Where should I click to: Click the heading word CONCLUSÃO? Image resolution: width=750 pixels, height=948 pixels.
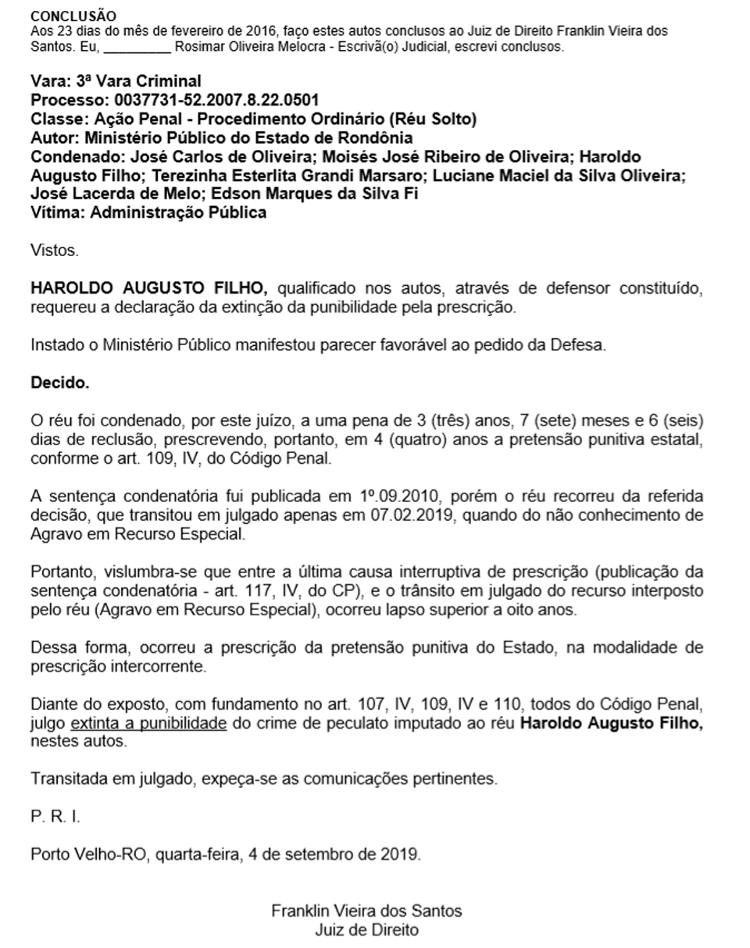coord(73,16)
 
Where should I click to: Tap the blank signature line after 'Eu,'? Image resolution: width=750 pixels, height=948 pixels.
coord(137,47)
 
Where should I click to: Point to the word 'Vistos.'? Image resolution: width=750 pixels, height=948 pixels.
coord(55,251)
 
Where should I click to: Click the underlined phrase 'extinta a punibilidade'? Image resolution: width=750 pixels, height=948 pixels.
coord(148,723)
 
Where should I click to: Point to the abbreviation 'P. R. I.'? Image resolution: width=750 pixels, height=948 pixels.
coord(55,816)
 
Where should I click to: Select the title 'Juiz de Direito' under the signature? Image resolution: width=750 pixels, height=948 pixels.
coord(366,930)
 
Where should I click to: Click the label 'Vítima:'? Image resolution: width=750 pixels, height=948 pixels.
coord(58,212)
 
